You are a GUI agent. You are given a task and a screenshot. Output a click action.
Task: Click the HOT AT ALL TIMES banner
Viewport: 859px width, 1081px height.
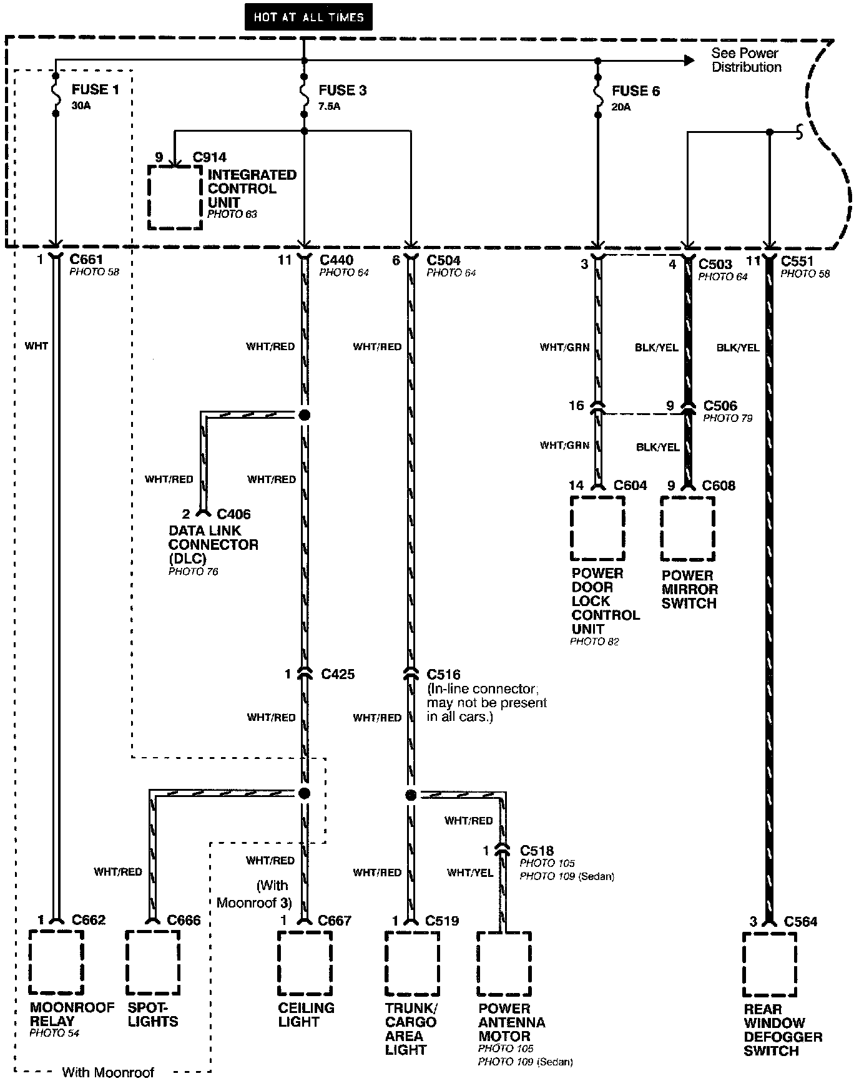[308, 17]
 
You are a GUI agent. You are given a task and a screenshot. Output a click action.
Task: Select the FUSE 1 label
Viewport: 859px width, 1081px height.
[95, 89]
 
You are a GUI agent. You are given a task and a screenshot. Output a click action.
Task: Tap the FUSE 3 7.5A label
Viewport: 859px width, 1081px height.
[341, 97]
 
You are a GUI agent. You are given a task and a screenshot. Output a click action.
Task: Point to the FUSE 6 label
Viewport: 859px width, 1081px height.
[636, 91]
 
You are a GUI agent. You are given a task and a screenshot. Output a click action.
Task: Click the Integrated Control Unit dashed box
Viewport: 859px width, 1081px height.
[175, 197]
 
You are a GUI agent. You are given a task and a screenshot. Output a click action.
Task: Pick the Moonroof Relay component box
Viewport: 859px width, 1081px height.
[56, 962]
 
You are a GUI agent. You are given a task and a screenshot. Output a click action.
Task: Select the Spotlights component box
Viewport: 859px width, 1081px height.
[152, 962]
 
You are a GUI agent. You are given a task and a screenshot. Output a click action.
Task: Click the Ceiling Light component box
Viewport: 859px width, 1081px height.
[305, 962]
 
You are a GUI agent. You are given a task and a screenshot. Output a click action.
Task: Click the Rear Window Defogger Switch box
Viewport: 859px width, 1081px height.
[770, 964]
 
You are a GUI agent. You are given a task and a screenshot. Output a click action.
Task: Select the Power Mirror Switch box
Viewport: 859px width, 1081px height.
[688, 529]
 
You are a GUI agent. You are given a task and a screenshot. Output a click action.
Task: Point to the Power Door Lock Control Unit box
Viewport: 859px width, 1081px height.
[598, 528]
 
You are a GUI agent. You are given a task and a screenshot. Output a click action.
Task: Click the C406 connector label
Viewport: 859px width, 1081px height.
[233, 514]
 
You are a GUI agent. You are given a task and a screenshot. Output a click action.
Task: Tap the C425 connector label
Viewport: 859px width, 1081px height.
[338, 674]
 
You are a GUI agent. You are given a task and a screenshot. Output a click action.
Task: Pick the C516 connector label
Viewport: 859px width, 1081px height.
[443, 675]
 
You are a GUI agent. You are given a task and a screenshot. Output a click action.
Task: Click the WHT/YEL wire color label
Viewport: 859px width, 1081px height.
[470, 873]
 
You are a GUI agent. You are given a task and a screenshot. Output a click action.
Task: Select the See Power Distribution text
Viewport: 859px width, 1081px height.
[746, 60]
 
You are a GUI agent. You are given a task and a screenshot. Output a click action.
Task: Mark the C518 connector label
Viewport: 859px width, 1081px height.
[537, 850]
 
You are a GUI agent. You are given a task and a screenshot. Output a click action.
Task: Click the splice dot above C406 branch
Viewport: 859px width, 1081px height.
[304, 415]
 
